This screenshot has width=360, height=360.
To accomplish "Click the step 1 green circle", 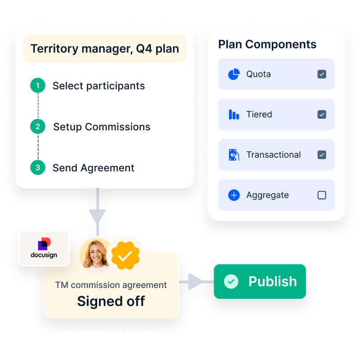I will [x=38, y=85].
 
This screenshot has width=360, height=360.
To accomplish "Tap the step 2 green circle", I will [x=38, y=126].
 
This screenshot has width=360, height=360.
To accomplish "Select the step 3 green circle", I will [x=38, y=167].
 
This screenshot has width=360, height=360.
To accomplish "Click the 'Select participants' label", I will [x=99, y=86].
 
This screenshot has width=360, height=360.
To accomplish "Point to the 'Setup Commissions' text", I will [x=102, y=127].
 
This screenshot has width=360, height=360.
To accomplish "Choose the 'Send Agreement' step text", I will [x=93, y=168].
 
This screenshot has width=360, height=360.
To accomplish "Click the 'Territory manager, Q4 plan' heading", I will [x=104, y=49].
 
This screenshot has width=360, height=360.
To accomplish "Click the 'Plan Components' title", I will [x=267, y=45].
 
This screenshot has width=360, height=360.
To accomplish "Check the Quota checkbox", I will [x=322, y=74].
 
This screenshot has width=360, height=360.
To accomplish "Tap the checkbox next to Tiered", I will [x=322, y=114].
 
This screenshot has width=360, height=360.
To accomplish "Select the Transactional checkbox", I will [x=322, y=155].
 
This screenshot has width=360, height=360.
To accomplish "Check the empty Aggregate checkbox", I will [x=322, y=195].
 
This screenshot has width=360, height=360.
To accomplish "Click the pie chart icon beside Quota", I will [x=234, y=74].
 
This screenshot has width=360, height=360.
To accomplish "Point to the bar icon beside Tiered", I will [x=234, y=115].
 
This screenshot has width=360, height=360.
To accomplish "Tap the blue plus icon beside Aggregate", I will [x=234, y=195].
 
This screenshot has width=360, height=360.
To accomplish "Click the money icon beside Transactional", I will [x=234, y=155].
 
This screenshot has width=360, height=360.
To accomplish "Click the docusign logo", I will [x=44, y=248].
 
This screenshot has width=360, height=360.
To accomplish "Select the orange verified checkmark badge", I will [x=126, y=256].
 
